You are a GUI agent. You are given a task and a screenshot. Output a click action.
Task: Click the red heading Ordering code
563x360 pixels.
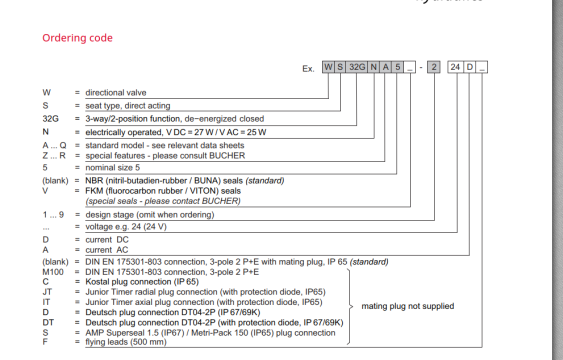click(x=77, y=38)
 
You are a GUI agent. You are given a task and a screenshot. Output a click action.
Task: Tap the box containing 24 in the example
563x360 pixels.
click(x=455, y=67)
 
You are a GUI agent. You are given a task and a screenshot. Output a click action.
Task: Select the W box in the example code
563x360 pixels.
click(x=327, y=67)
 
